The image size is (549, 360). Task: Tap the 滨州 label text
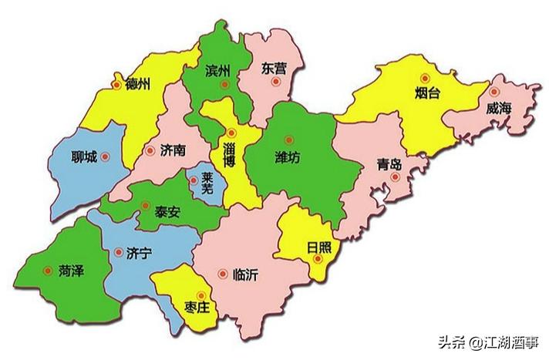coord(218,71)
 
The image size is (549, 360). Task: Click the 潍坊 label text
coord(288,157)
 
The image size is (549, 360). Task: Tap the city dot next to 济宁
coord(119,251)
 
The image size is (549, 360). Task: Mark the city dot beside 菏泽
coord(49,271)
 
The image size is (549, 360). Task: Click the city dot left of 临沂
coord(223,273)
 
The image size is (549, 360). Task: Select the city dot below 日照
coord(317,261)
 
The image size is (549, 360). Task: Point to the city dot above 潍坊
coord(288,140)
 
